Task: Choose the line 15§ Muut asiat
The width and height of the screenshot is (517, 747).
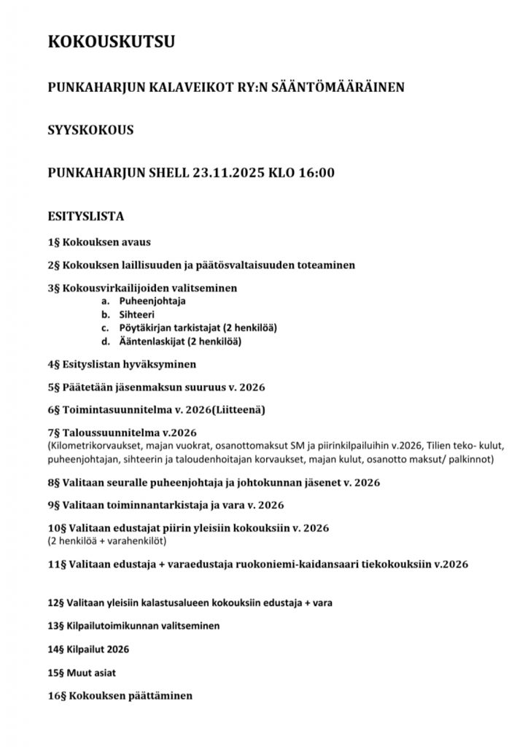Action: point(82,672)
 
